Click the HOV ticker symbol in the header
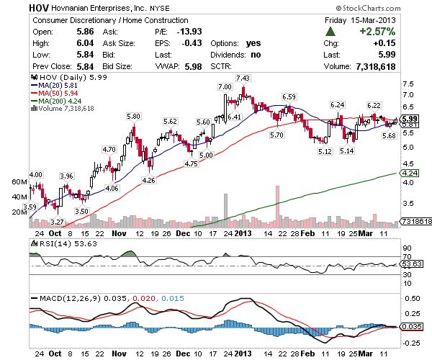pyautogui.click(x=40, y=6)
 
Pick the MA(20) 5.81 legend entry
pyautogui.click(x=53, y=85)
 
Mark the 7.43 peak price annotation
pyautogui.click(x=243, y=78)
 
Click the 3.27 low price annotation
pyautogui.click(x=58, y=222)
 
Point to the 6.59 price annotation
pyautogui.click(x=289, y=96)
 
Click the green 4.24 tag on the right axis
pyautogui.click(x=410, y=174)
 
